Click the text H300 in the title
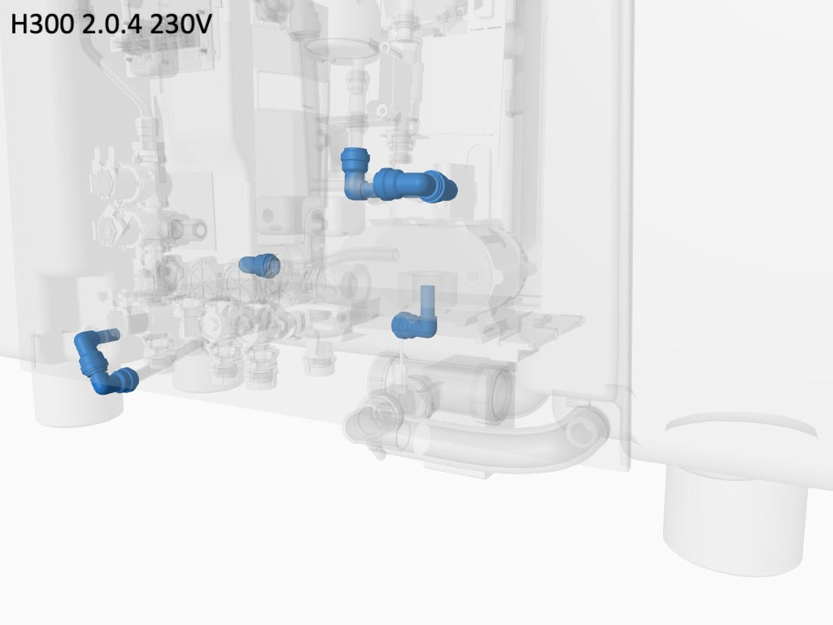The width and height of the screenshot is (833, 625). pyautogui.click(x=42, y=24)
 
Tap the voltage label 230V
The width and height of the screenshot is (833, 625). pyautogui.click(x=181, y=24)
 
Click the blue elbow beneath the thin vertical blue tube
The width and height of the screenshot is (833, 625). pyautogui.click(x=414, y=325)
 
